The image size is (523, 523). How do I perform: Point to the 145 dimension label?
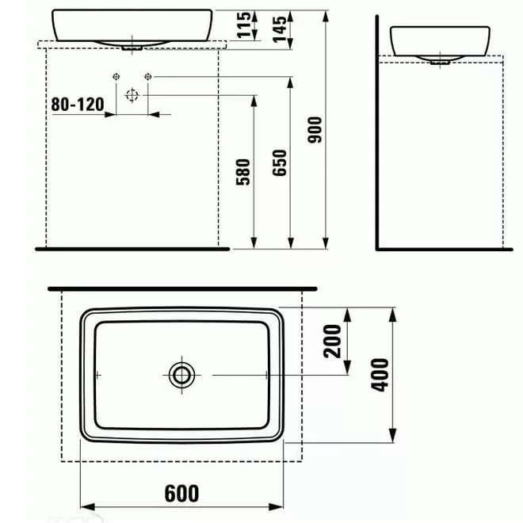click(x=278, y=28)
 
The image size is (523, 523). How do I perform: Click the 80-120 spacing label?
click(x=77, y=104)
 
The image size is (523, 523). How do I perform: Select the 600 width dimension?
click(x=181, y=493)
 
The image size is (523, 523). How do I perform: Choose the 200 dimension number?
click(x=333, y=342)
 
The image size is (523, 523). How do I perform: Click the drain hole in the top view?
click(x=181, y=374)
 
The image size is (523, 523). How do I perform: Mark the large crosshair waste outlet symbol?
click(x=132, y=95)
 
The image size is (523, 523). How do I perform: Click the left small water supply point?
click(x=116, y=76)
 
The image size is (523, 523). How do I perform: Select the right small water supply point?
click(x=147, y=76)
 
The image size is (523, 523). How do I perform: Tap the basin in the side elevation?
click(x=440, y=40)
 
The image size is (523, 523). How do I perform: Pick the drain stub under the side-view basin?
click(x=440, y=59)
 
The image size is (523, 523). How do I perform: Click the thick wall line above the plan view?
click(x=181, y=288)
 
